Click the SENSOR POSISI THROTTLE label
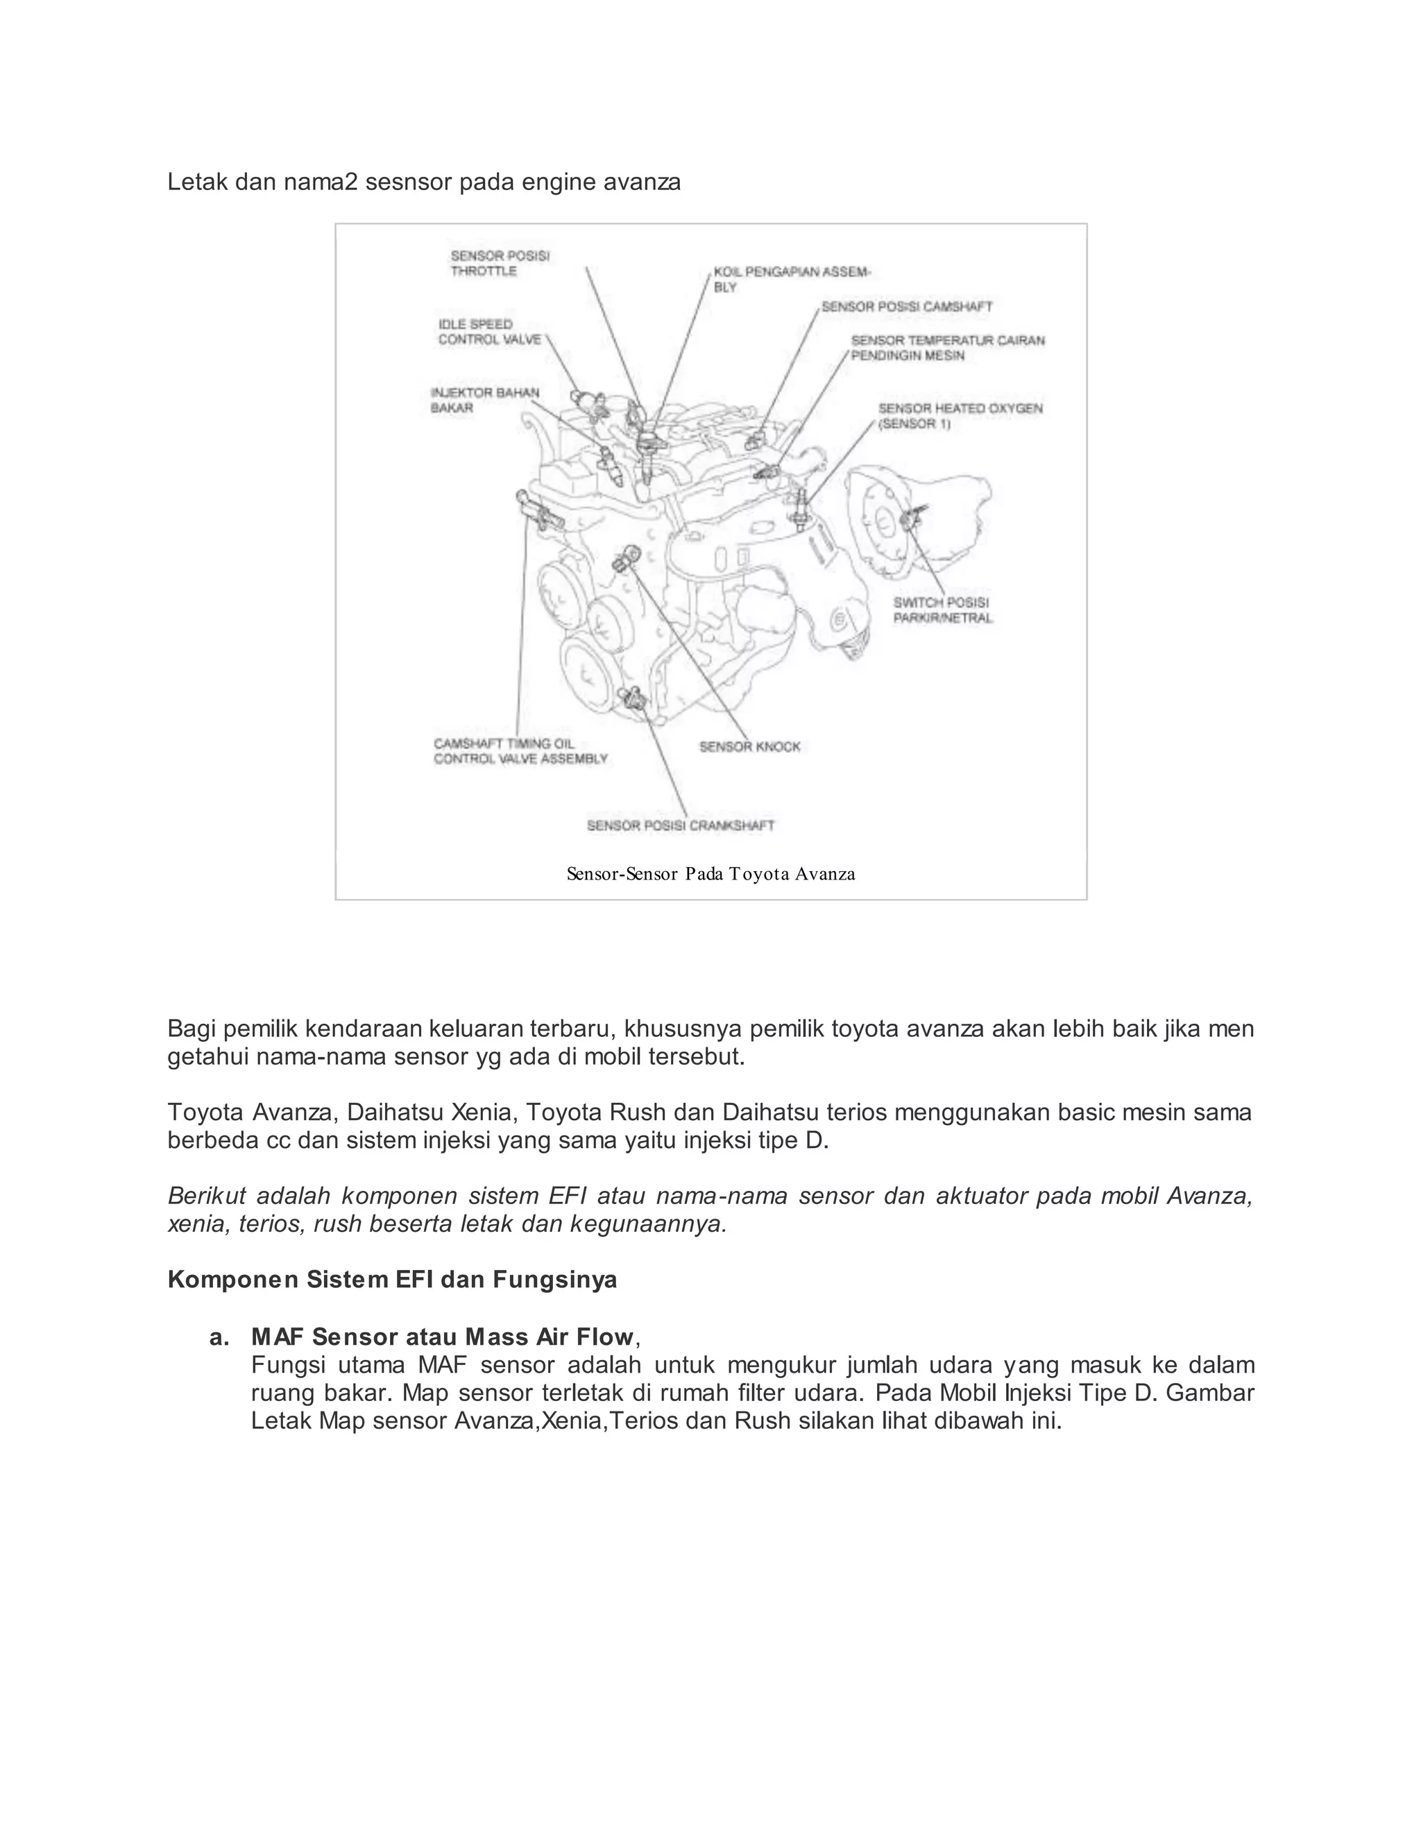pos(499,264)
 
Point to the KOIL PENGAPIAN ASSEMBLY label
pos(791,280)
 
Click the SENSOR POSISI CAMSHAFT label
pos(907,307)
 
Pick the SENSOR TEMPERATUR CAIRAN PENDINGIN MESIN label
pos(947,347)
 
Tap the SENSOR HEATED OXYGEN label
pos(960,415)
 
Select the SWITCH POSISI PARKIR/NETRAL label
pos(942,610)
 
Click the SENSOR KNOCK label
pos(749,746)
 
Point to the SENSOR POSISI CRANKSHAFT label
pos(680,825)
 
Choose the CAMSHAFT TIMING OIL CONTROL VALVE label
pos(520,750)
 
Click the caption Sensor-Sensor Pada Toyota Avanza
pos(710,875)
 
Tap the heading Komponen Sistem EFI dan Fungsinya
pos(391,1280)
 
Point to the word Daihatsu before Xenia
pos(395,1113)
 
